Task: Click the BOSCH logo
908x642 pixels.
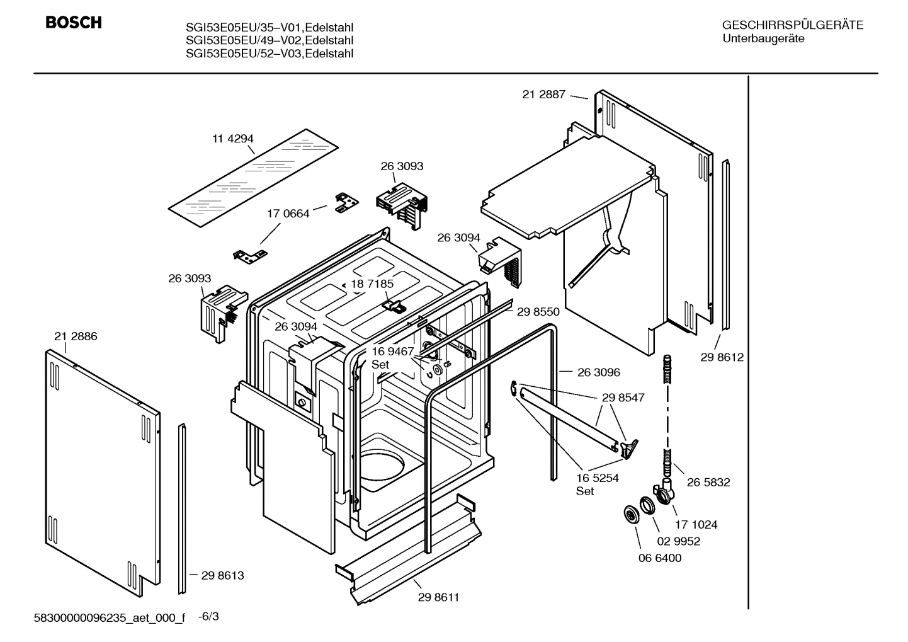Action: (73, 23)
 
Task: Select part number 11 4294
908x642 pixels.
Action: (232, 139)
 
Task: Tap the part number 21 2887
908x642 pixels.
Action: (544, 95)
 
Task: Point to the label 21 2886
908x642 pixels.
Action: (76, 336)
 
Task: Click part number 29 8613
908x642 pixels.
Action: (222, 575)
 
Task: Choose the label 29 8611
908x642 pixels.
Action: (438, 597)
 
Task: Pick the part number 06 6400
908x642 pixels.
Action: (659, 558)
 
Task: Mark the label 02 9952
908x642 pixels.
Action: (678, 541)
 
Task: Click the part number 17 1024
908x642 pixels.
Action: (696, 524)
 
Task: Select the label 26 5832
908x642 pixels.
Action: (708, 482)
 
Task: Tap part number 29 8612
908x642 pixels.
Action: (722, 357)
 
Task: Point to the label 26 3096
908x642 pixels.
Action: (598, 372)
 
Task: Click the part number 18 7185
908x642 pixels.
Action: (372, 284)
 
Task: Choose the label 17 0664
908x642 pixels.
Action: (288, 214)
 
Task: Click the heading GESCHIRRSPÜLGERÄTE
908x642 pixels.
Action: (792, 25)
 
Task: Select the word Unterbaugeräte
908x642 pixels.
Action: (763, 38)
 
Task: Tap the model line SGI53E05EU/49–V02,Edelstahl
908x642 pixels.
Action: (269, 40)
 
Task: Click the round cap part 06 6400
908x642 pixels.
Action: (628, 514)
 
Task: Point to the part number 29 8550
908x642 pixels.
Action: (538, 311)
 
